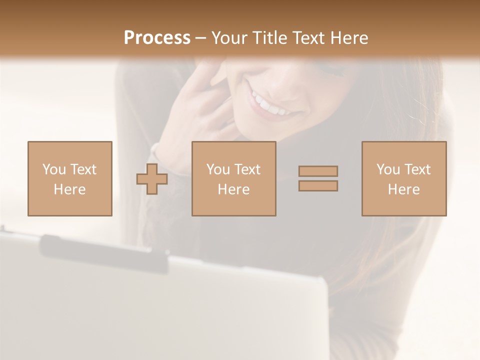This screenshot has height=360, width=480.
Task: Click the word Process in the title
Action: tap(157, 38)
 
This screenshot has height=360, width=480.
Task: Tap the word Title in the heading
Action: tap(270, 38)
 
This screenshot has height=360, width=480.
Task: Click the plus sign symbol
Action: tap(152, 179)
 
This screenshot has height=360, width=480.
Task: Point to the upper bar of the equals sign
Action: tap(318, 171)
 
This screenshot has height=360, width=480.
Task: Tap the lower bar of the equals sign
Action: tap(318, 185)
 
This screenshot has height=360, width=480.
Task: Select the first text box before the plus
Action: tap(69, 178)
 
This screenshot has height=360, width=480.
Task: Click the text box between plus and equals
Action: tap(233, 178)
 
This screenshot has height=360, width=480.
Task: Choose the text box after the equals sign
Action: tap(403, 178)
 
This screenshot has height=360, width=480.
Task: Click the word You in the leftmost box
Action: tap(54, 169)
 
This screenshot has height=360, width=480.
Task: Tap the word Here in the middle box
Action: tap(233, 189)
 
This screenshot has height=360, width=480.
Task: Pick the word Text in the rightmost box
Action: tap(416, 169)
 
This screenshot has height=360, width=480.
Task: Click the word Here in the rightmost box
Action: tap(403, 189)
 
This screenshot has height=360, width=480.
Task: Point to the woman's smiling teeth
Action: tap(270, 104)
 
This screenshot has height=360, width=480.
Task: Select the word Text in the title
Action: tap(306, 38)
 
